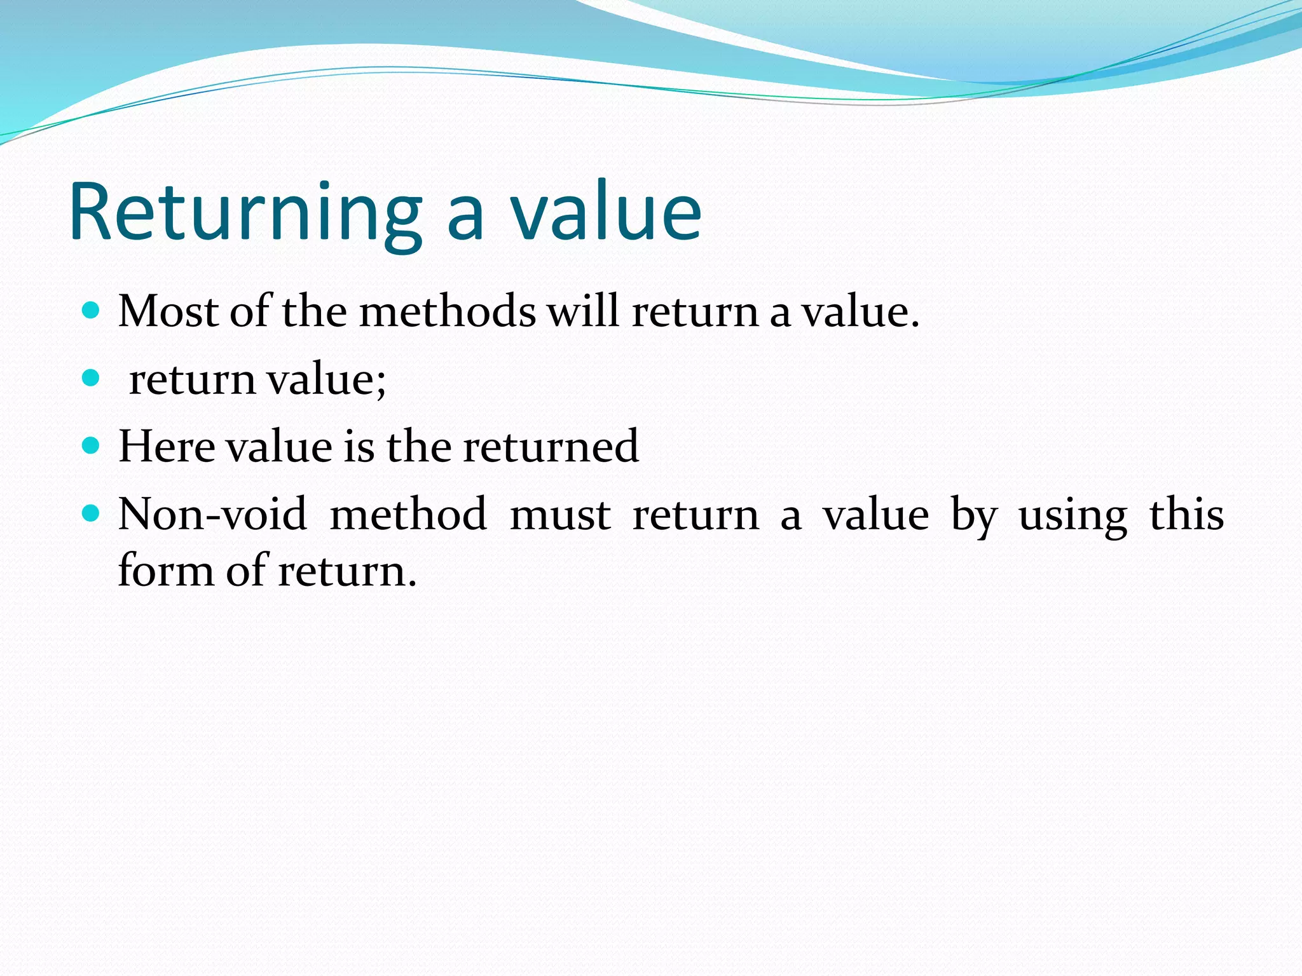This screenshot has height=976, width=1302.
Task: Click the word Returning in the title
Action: (x=245, y=213)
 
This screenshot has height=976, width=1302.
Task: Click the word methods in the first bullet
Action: (x=448, y=312)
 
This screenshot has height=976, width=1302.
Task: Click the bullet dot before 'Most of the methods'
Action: (x=92, y=311)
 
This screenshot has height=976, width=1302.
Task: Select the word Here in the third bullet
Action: (x=167, y=446)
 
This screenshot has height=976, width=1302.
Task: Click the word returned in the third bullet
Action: (x=550, y=446)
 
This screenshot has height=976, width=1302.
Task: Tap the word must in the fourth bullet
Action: (x=560, y=515)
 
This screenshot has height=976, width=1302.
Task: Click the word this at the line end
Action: (x=1186, y=515)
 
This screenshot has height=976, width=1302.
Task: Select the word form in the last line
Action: (x=165, y=570)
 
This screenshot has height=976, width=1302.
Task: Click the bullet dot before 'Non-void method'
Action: (x=92, y=513)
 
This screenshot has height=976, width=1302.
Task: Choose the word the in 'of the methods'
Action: (x=314, y=312)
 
